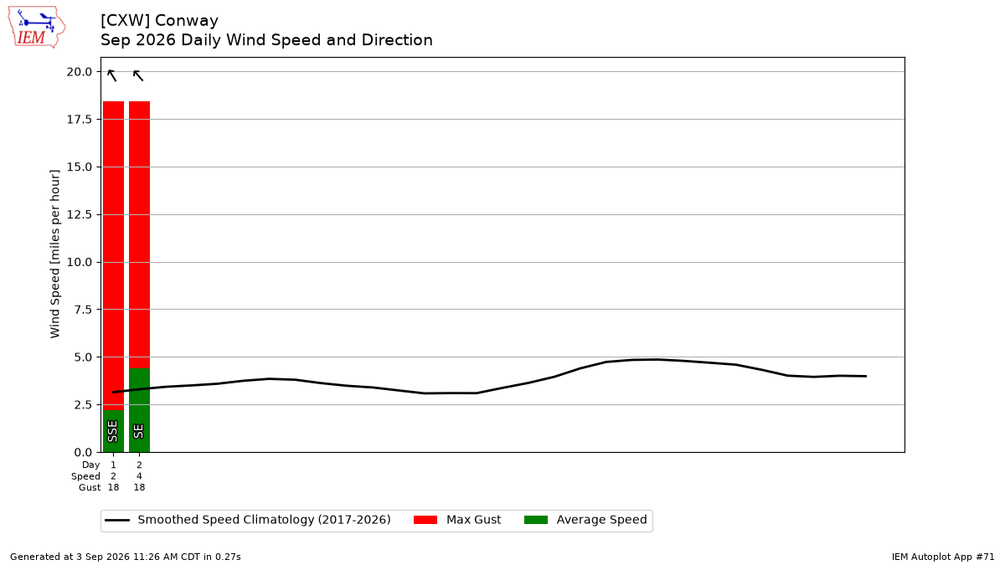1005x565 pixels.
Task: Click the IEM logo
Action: (x=37, y=27)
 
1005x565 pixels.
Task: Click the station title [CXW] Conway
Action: (x=159, y=21)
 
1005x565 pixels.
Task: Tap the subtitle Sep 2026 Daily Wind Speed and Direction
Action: (x=266, y=40)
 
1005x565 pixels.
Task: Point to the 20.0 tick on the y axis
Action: (x=79, y=72)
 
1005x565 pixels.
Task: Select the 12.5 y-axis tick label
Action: (x=79, y=215)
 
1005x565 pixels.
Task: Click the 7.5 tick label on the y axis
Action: (x=82, y=310)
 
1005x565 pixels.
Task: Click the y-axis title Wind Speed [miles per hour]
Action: (x=54, y=254)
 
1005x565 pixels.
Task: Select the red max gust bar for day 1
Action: (x=114, y=255)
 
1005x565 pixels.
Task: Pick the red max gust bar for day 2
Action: (x=140, y=234)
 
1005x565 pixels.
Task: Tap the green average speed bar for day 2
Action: (x=140, y=410)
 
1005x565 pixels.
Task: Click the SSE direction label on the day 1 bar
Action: (x=112, y=431)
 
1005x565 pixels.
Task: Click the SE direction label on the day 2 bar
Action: (x=139, y=431)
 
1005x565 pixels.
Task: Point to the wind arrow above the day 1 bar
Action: (x=112, y=75)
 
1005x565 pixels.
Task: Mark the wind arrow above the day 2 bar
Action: (x=138, y=75)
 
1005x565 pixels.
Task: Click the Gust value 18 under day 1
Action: (x=114, y=487)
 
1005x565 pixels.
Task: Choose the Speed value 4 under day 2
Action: (x=140, y=476)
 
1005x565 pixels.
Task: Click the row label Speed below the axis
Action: (x=85, y=476)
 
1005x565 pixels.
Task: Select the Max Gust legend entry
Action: (x=457, y=520)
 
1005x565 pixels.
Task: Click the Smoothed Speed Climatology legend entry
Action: (x=248, y=520)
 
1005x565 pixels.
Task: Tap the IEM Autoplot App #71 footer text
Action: (x=943, y=557)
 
